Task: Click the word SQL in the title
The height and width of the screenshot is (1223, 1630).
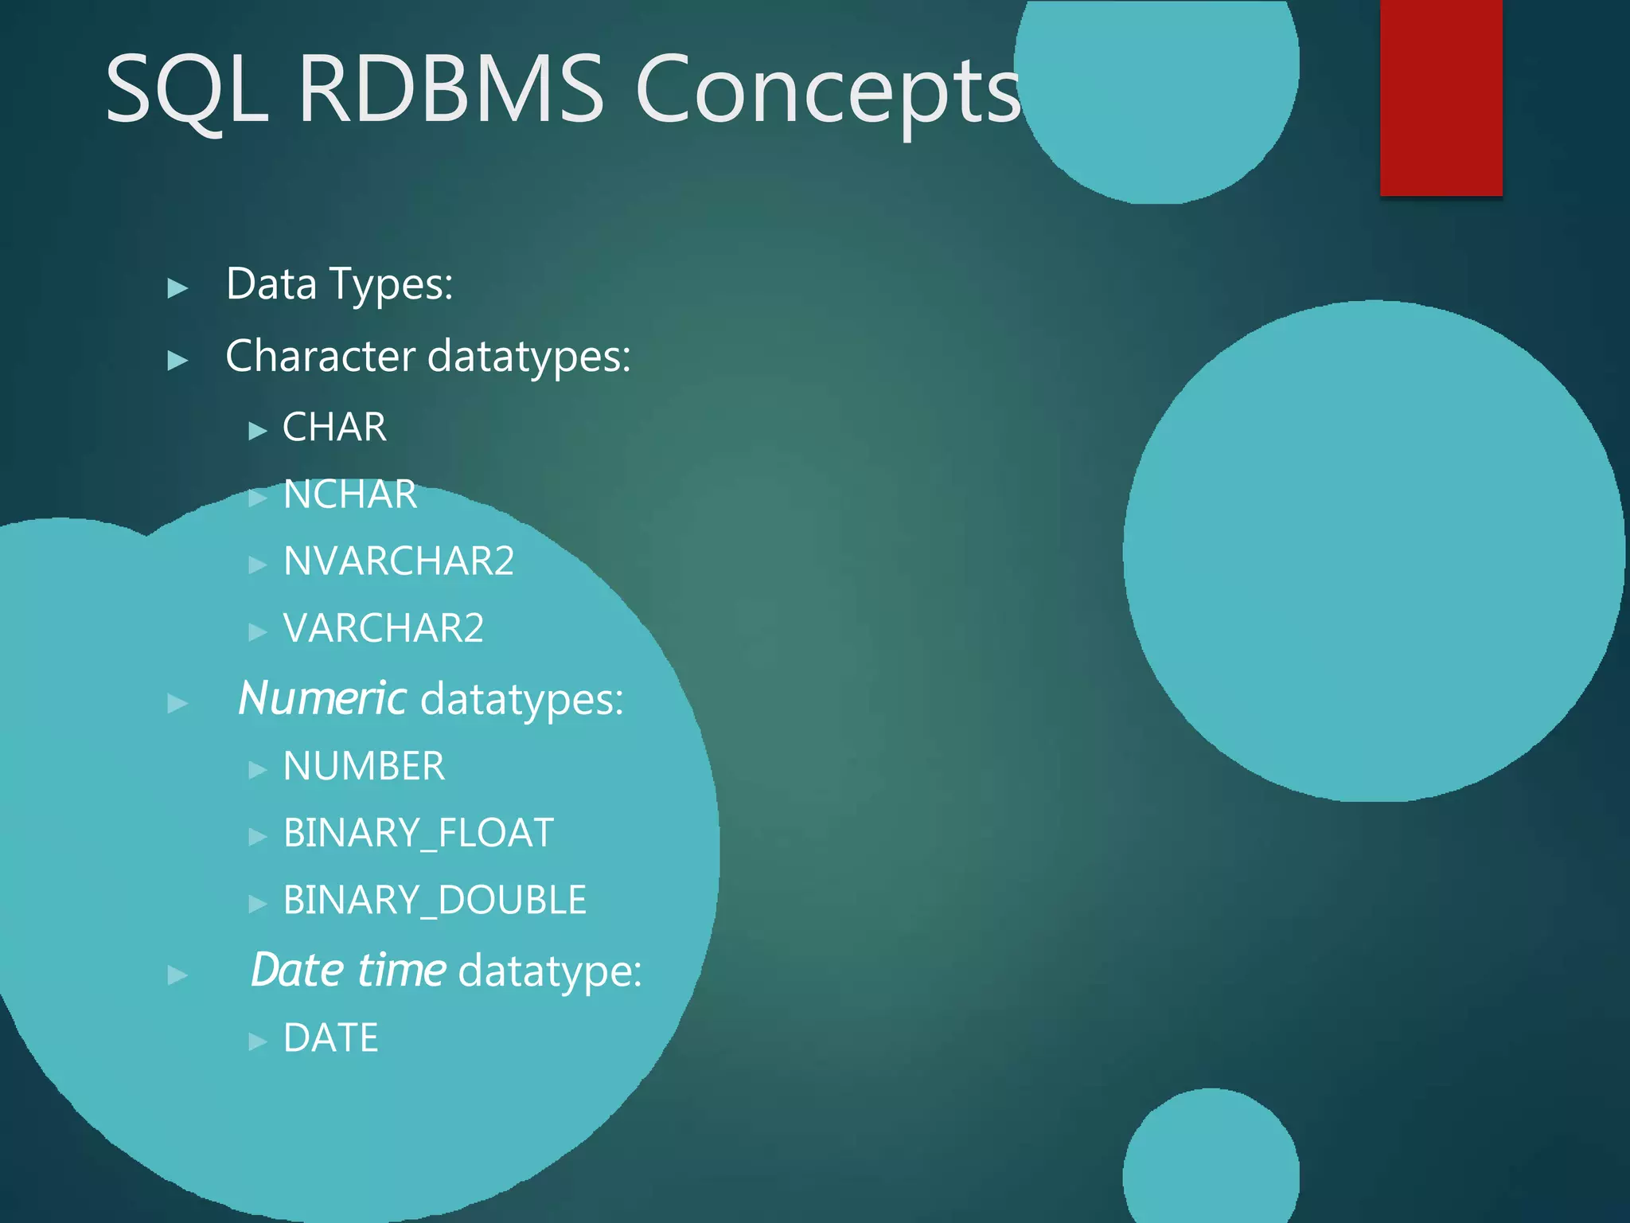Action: pos(187,89)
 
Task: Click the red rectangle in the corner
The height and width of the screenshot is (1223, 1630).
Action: pos(1441,97)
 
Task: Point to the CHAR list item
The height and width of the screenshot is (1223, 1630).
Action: pos(334,428)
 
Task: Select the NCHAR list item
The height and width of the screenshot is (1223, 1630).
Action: pos(350,494)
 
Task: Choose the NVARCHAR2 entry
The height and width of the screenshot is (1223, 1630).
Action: pos(399,561)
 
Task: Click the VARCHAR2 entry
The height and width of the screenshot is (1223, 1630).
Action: pos(384,628)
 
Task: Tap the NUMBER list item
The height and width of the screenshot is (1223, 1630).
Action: pos(364,767)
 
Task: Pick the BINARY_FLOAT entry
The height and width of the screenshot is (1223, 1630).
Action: pos(418,834)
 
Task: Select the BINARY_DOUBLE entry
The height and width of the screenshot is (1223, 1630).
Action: pos(435,901)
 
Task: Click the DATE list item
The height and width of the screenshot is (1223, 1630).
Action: pos(331,1038)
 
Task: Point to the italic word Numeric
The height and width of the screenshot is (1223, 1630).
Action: pos(322,699)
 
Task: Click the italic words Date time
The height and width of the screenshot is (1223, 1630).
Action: pos(348,971)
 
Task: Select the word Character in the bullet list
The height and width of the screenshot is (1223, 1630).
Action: pos(320,356)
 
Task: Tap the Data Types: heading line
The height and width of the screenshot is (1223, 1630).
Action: pos(339,284)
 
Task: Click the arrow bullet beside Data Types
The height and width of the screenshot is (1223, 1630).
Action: pos(177,288)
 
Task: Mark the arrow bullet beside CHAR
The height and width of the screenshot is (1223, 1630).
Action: pos(257,432)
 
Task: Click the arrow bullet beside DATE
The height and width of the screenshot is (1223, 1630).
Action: pos(257,1041)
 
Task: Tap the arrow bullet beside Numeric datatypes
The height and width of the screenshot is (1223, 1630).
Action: pos(177,704)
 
